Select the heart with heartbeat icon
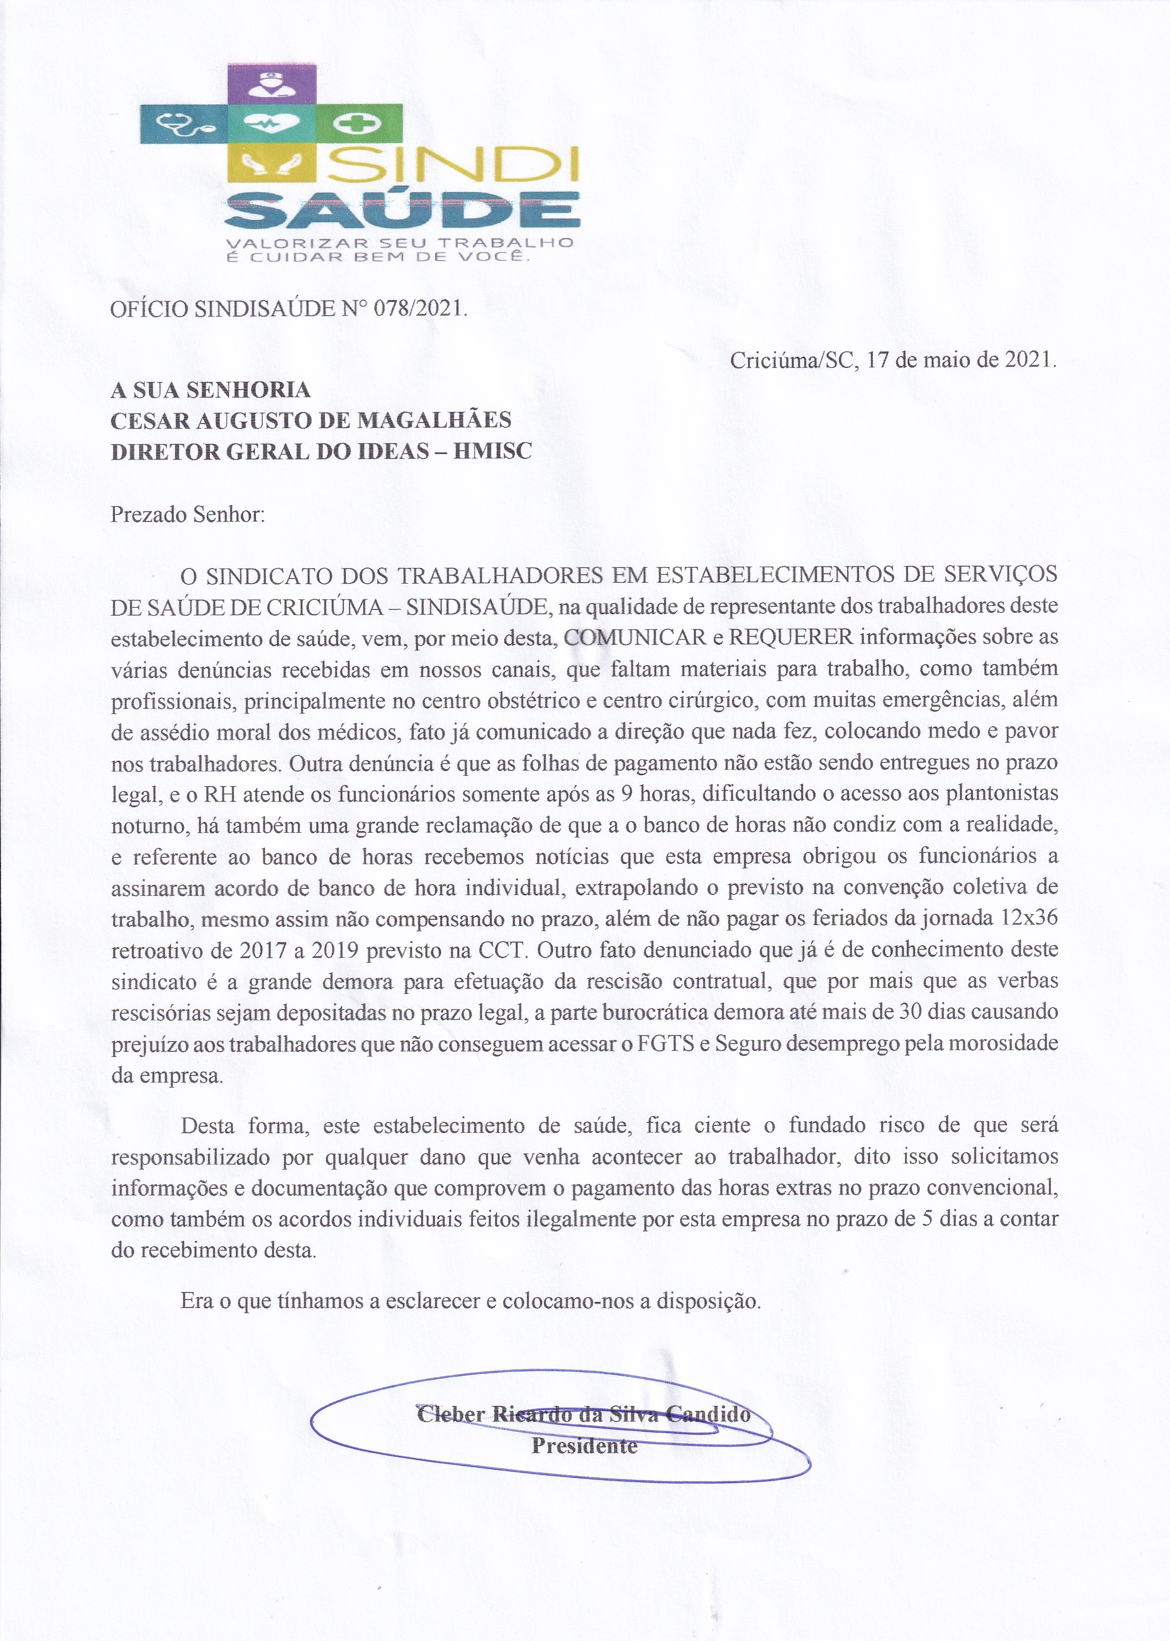point(272,124)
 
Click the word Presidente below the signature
point(584,1446)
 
